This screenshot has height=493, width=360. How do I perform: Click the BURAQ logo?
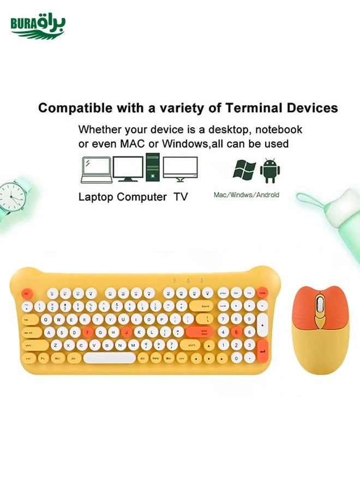(37, 27)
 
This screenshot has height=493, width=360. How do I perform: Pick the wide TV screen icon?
(180, 169)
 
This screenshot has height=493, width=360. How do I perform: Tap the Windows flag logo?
(244, 170)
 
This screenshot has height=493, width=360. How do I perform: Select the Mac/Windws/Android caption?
(246, 195)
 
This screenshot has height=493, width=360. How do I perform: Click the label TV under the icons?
(181, 197)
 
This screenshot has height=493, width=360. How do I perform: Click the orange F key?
(88, 332)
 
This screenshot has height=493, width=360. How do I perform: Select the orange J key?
(127, 332)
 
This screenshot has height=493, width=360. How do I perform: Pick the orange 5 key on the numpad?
(236, 332)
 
